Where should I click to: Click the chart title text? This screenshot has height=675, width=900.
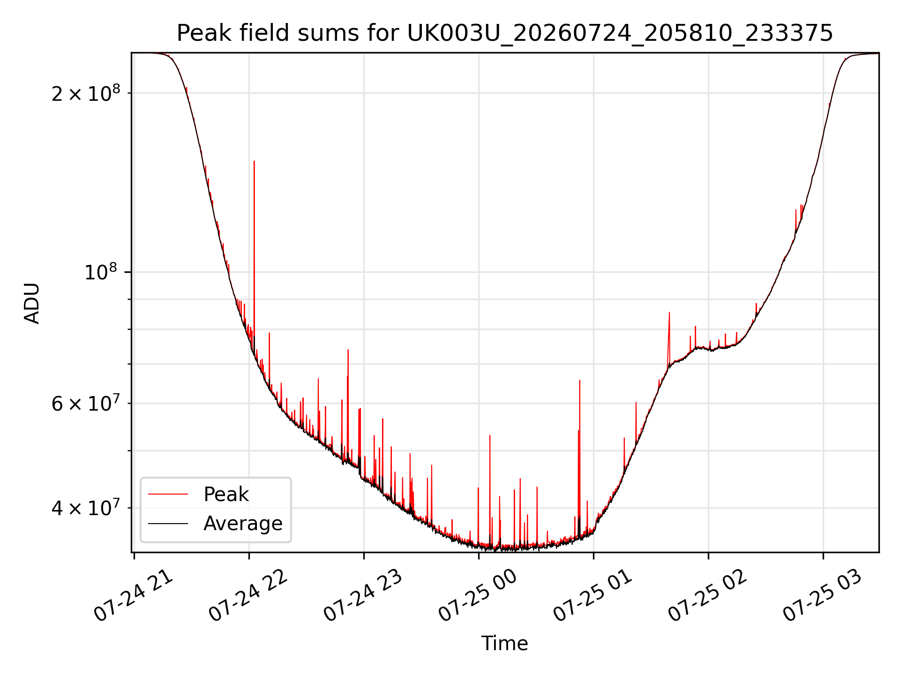505,33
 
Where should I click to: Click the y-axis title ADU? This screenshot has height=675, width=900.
32,303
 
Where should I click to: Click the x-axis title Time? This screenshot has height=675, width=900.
505,643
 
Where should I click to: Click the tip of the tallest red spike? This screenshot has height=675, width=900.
254,161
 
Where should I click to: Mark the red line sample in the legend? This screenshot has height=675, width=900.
168,494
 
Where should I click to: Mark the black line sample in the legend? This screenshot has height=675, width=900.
168,523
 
